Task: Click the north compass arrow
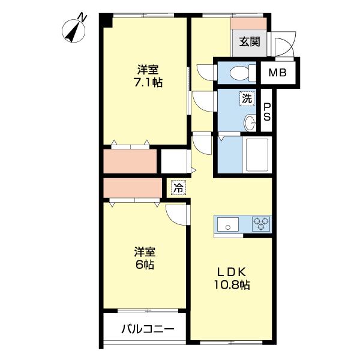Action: click(x=76, y=29)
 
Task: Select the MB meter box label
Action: click(x=277, y=73)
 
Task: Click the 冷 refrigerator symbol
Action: click(x=178, y=187)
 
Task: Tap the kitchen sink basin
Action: click(x=228, y=225)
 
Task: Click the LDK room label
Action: click(x=231, y=271)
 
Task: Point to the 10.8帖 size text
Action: click(x=231, y=285)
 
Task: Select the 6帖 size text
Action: click(x=144, y=264)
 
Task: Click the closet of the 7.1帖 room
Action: click(x=130, y=161)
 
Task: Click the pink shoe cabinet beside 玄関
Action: click(x=248, y=23)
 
